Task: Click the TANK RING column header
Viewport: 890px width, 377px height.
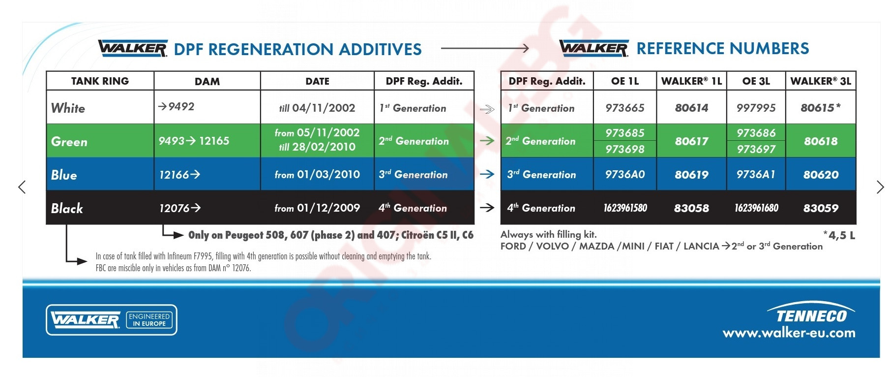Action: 100,81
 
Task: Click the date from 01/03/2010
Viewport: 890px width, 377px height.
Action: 317,175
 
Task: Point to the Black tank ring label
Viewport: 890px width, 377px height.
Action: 67,208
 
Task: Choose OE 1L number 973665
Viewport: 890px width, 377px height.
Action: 625,108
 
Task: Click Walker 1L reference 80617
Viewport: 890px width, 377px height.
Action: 691,141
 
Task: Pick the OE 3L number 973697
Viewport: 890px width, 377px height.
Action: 756,149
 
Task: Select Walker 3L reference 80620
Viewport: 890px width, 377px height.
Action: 821,175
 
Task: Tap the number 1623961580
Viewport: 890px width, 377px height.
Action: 625,208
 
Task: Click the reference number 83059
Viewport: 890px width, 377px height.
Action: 821,208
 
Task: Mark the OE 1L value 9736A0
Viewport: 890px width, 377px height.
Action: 625,175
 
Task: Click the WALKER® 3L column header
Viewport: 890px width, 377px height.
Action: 821,81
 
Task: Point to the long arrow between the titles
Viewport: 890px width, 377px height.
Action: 485,48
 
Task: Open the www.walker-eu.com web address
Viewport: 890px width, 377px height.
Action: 789,333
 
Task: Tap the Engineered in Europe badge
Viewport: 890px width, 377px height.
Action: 149,320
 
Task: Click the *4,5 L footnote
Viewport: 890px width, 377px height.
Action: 839,235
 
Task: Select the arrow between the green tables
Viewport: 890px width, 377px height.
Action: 487,141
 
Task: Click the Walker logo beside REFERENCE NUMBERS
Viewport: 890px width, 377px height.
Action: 594,48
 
